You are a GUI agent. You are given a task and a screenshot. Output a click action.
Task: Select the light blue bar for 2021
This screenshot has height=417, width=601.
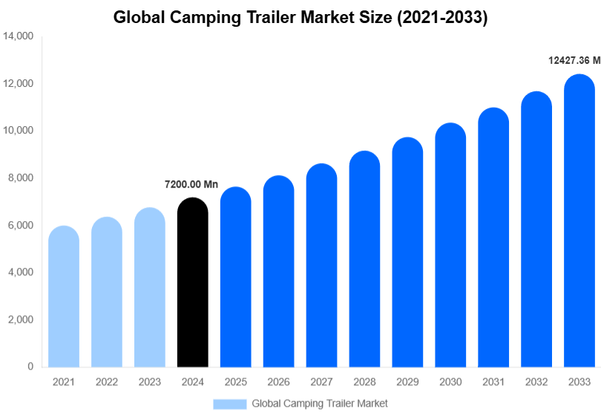click(x=64, y=297)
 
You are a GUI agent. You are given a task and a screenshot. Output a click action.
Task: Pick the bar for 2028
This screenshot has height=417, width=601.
click(x=364, y=259)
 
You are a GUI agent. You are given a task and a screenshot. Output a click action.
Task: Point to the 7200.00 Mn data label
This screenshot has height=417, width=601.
click(x=191, y=184)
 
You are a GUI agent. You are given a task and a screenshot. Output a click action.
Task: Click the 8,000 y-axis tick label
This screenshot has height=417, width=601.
click(x=20, y=178)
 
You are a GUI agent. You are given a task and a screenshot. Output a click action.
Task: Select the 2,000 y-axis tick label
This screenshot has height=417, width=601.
click(x=20, y=320)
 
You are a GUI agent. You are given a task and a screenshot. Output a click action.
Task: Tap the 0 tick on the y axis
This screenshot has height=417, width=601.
click(x=30, y=367)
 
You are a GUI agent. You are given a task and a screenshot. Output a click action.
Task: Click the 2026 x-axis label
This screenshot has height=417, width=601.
click(x=278, y=382)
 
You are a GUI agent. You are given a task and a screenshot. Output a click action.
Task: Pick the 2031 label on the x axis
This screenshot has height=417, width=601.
click(x=493, y=382)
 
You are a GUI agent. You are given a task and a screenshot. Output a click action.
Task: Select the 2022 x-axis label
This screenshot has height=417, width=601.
click(x=107, y=382)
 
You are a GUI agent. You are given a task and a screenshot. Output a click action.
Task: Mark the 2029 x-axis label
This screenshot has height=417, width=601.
click(x=407, y=382)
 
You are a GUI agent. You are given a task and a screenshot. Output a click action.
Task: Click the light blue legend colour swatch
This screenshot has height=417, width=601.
click(x=229, y=404)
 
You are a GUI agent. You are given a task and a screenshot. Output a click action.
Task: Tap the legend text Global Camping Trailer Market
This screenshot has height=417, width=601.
click(x=320, y=404)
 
